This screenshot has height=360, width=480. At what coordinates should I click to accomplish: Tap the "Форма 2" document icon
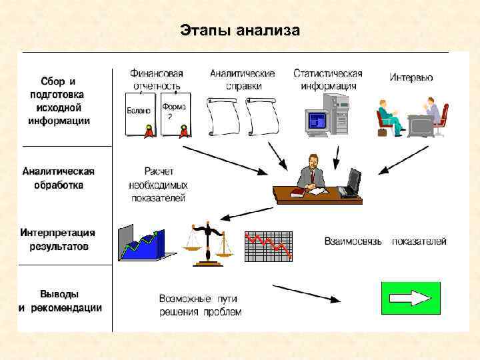tap(175, 115)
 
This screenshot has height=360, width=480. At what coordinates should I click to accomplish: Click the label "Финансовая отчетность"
tap(157, 79)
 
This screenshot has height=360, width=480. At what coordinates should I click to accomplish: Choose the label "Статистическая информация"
tap(327, 79)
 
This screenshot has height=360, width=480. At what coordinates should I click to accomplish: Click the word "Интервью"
tap(411, 78)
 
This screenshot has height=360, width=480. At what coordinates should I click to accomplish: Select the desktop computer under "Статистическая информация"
tap(327, 114)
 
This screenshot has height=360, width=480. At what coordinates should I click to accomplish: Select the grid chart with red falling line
tap(269, 247)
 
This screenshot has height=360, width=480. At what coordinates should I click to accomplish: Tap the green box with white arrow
tap(411, 298)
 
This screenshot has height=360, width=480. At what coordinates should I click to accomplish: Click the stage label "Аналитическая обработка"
tap(59, 178)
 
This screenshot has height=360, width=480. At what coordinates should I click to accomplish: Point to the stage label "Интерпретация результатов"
tap(58, 239)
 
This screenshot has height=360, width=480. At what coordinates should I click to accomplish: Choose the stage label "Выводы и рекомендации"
tap(60, 301)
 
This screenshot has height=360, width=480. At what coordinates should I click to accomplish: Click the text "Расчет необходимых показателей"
tap(158, 185)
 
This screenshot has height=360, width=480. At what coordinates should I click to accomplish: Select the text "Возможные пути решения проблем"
tap(199, 305)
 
